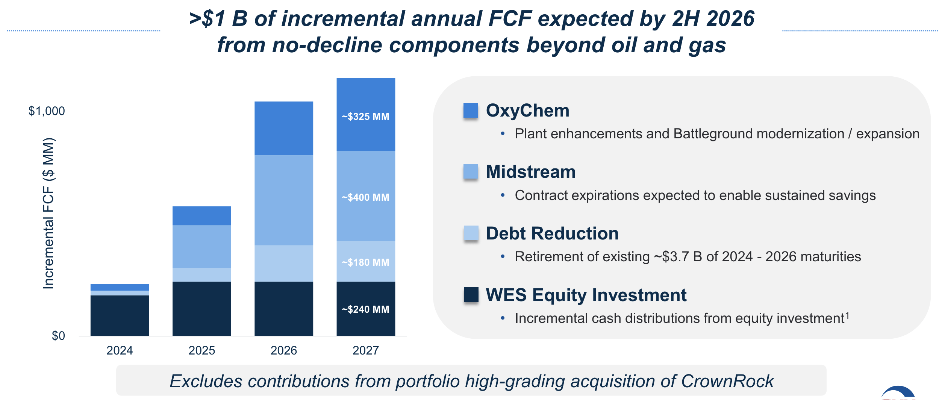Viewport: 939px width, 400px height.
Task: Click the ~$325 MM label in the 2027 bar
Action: point(365,117)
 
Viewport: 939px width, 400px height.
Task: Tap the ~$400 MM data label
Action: point(365,197)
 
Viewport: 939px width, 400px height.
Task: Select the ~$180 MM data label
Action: point(365,262)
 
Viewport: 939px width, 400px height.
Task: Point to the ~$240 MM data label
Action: point(365,309)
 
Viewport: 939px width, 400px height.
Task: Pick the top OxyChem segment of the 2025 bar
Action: point(201,215)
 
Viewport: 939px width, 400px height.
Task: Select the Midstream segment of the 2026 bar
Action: point(283,200)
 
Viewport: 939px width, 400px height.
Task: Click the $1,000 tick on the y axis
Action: point(47,111)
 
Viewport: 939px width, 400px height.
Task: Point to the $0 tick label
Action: point(58,336)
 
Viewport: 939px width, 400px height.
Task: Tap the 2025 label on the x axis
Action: point(201,350)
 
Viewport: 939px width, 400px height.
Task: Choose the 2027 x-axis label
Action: point(365,350)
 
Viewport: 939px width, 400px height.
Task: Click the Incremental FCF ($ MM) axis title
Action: point(48,214)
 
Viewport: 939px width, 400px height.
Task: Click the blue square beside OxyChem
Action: point(471,111)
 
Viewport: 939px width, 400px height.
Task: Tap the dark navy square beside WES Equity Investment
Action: point(471,295)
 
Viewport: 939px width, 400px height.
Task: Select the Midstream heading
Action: point(530,172)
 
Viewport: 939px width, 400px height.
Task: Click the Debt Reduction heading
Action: point(552,233)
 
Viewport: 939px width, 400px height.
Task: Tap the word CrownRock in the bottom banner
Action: point(727,381)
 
